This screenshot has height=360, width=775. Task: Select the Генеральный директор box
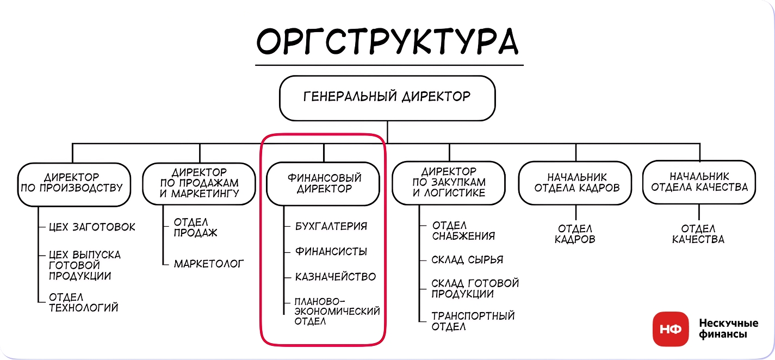(x=387, y=98)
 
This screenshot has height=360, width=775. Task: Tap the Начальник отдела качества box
(x=699, y=182)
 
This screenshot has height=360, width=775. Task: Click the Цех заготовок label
(x=92, y=227)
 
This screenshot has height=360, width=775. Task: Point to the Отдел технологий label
(x=83, y=302)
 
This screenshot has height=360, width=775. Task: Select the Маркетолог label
(x=209, y=264)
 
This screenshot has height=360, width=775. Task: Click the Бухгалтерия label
(x=331, y=226)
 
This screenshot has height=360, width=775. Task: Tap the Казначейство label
(x=335, y=277)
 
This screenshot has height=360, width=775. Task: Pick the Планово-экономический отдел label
(x=337, y=311)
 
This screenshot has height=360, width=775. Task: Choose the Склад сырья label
(x=467, y=260)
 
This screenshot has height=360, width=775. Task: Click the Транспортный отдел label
(x=473, y=321)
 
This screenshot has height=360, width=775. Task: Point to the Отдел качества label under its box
(x=698, y=234)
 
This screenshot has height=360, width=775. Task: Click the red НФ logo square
(x=670, y=329)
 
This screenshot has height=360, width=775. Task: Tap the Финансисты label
(x=331, y=251)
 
